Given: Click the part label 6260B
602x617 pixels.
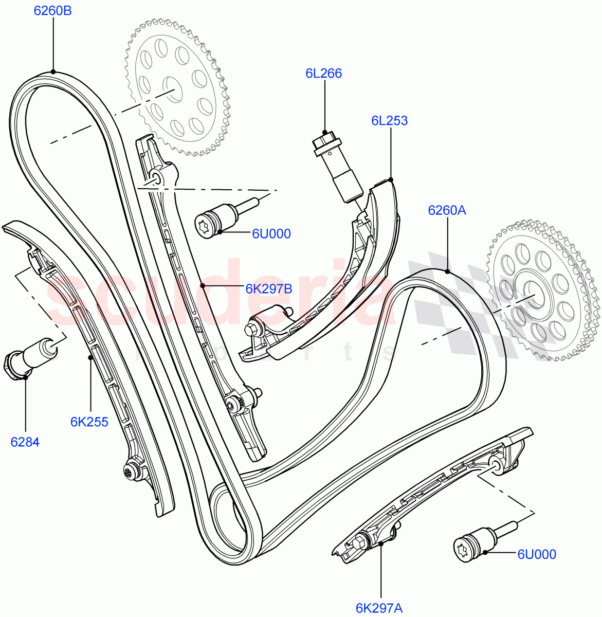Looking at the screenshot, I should (x=53, y=10).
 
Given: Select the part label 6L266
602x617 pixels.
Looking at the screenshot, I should (x=323, y=74).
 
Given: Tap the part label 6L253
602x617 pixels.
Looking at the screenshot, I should (x=389, y=121).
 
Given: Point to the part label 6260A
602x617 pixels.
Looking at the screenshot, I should (x=447, y=210).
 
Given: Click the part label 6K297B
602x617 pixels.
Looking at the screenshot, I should (x=268, y=289).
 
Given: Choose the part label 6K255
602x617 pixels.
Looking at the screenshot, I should (x=89, y=422).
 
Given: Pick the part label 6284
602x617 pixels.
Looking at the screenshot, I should (x=25, y=442).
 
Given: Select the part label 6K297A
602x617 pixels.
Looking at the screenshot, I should (x=379, y=608).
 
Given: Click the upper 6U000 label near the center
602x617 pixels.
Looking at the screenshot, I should (x=271, y=234).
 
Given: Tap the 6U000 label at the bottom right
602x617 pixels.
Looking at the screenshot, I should (x=536, y=554).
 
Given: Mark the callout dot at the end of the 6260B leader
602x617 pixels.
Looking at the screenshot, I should (x=53, y=72).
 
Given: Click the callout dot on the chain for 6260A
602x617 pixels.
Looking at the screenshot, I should (x=447, y=271).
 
